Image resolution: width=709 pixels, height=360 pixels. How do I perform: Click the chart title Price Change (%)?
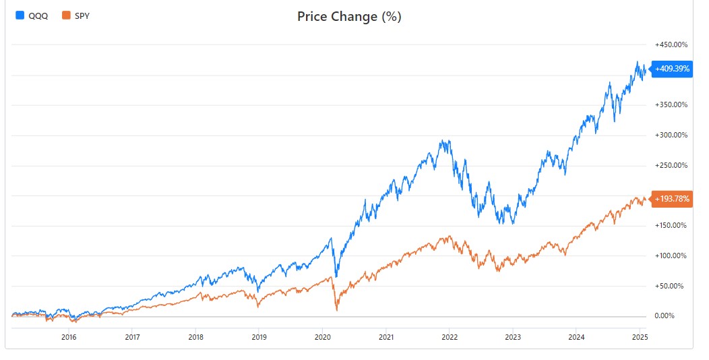click(349, 17)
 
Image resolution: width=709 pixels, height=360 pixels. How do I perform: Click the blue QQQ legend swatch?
click(20, 16)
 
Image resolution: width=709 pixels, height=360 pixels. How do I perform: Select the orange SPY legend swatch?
click(66, 16)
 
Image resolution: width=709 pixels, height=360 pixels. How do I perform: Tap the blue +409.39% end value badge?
click(672, 69)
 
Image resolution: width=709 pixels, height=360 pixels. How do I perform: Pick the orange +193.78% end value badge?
click(672, 199)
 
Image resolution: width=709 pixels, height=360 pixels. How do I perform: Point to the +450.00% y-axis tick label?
click(671, 44)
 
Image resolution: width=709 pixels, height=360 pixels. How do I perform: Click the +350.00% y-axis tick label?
click(671, 105)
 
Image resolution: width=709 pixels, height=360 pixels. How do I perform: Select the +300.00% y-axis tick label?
click(671, 136)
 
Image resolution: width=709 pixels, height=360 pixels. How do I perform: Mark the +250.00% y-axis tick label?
click(671, 166)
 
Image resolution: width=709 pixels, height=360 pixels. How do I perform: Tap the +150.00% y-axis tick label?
click(671, 226)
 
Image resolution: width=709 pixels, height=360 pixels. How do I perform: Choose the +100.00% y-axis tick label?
click(671, 256)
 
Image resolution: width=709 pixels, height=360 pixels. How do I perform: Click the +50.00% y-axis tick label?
click(669, 287)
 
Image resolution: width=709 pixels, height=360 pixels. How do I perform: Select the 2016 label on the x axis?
click(69, 336)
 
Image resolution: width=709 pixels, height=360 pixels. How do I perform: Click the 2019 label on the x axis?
click(259, 336)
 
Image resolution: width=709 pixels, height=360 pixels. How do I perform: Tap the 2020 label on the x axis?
click(322, 336)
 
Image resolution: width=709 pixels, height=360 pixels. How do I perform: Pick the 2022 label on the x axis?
click(450, 336)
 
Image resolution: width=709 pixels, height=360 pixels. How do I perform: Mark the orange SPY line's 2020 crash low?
click(336, 310)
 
